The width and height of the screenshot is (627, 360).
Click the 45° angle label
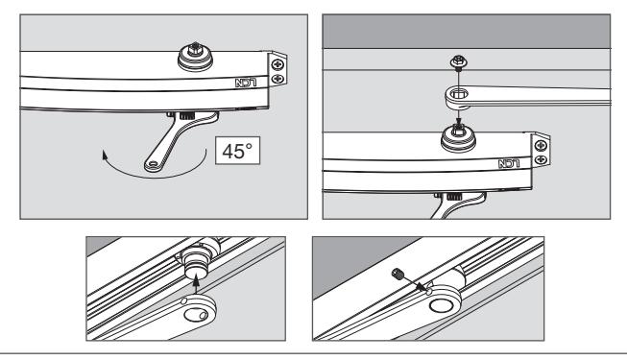[237, 152]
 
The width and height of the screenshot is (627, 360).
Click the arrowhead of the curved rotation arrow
[105, 155]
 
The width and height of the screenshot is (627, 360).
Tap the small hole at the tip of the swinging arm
[154, 163]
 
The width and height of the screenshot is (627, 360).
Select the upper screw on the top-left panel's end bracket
[277, 64]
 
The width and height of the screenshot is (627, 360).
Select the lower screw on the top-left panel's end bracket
[277, 79]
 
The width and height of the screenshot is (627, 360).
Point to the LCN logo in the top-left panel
[246, 84]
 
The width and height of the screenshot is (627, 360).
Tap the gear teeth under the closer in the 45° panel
[186, 116]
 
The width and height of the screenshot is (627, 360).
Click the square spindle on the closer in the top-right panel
[458, 129]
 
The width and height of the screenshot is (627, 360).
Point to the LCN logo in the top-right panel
[509, 163]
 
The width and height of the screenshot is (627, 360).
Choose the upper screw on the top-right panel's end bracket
[541, 145]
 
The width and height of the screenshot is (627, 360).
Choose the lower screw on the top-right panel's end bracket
[541, 159]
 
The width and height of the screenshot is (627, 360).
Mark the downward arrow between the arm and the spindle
[459, 117]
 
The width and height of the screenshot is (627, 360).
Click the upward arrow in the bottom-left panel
[196, 286]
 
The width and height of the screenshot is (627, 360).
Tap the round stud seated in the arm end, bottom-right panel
[442, 305]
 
